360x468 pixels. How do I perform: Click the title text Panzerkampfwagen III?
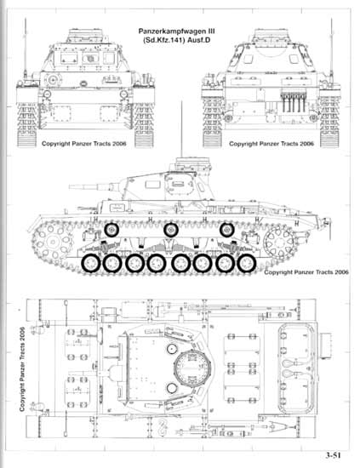coord(177,31)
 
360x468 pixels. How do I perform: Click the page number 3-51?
coord(333,455)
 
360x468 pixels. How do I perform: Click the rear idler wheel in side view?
coord(280,241)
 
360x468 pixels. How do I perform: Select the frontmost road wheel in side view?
coord(90,263)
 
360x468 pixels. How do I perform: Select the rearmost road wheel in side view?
coord(247,263)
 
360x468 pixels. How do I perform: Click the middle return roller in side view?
coord(170,230)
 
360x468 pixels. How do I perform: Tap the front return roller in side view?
coord(111,230)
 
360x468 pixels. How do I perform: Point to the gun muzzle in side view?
coord(71,187)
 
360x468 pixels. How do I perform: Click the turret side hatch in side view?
coord(179,185)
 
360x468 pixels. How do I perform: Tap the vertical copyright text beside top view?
coord(22,369)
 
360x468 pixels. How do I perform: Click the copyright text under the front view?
coord(84,144)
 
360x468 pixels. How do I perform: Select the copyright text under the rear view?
coord(271,144)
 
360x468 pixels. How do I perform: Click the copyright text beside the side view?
coord(306,272)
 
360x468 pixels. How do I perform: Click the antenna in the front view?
coord(26,48)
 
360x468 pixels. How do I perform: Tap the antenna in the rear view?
coord(331,48)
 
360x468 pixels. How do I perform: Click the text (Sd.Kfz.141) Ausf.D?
coord(177,40)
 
